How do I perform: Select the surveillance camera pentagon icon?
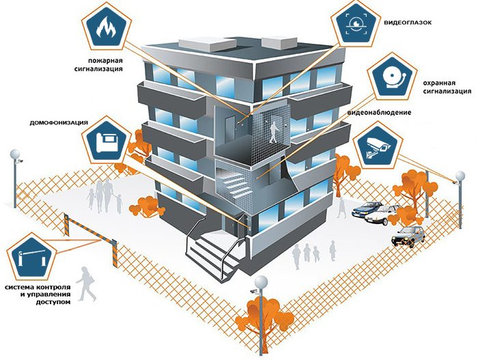377,146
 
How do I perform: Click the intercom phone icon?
106,141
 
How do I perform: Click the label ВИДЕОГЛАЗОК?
408,23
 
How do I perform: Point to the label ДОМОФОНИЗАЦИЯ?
59,123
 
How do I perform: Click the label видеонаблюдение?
379,113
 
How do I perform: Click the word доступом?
53,303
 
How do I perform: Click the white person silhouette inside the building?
274,132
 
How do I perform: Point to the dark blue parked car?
367,209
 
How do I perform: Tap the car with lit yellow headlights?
408,237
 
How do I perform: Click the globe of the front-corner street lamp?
261,282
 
